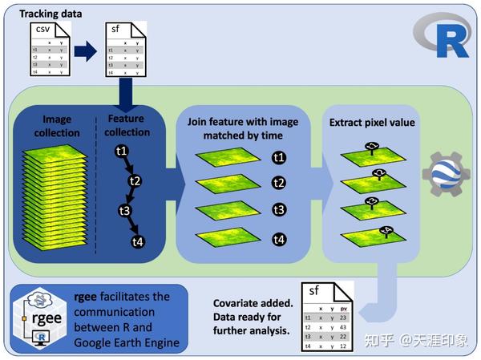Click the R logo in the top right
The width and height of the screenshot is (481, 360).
pyautogui.click(x=442, y=37)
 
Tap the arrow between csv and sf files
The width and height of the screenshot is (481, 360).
pyautogui.click(x=86, y=54)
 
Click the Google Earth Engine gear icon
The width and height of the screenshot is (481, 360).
pyautogui.click(x=445, y=173)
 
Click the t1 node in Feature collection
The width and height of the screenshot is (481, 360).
pyautogui.click(x=122, y=150)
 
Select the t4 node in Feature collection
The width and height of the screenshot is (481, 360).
pyautogui.click(x=139, y=241)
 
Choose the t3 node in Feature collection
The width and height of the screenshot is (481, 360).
pyautogui.click(x=126, y=211)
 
